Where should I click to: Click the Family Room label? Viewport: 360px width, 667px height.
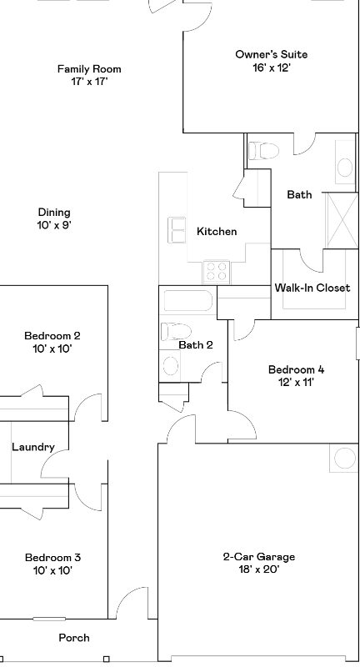(x=89, y=69)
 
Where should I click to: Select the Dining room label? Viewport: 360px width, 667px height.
(x=54, y=213)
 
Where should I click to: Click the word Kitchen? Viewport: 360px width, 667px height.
(x=217, y=232)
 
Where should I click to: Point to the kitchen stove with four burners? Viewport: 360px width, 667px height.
(x=216, y=270)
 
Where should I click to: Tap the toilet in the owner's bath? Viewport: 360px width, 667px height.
(x=264, y=150)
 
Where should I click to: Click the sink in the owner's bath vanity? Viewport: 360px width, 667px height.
(x=345, y=167)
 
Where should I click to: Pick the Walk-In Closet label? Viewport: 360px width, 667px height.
(x=312, y=288)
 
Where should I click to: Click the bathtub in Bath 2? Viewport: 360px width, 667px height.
(x=188, y=301)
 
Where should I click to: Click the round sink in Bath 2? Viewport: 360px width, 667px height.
(x=170, y=364)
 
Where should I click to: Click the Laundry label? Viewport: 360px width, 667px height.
(x=33, y=447)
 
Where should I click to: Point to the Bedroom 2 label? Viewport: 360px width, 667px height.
(x=52, y=336)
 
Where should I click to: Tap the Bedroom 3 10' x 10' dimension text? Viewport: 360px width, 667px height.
(x=52, y=571)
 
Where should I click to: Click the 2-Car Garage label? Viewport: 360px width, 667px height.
(x=258, y=557)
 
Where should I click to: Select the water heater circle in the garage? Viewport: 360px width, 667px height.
(x=344, y=458)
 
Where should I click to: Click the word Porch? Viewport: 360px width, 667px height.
(x=73, y=638)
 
